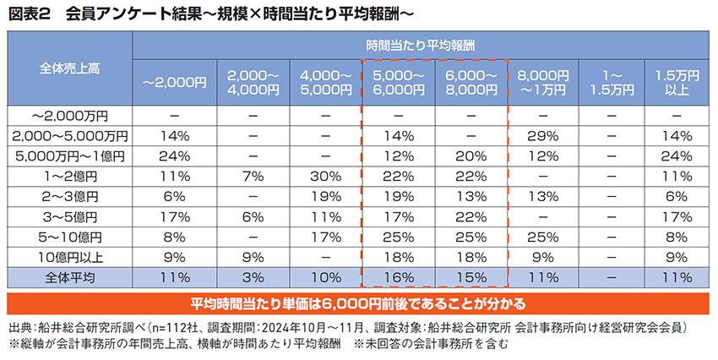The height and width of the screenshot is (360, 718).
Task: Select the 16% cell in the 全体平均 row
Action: pos(397,276)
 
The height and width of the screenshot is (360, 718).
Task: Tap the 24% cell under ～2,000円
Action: pos(175,155)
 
